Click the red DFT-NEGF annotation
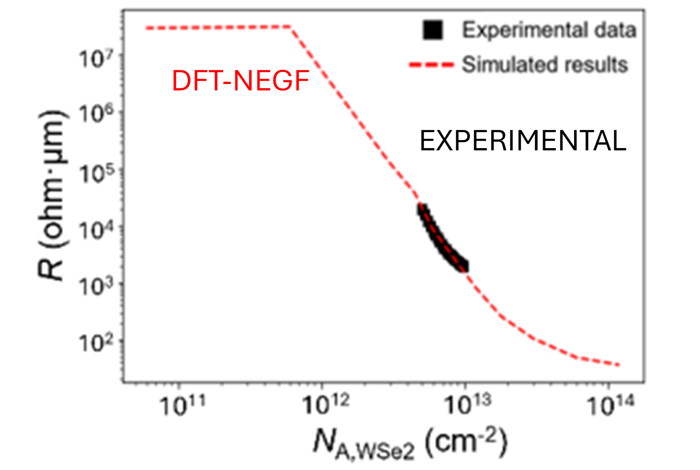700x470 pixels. click(240, 81)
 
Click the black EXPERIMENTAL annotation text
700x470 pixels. click(522, 141)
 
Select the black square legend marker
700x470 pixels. click(433, 30)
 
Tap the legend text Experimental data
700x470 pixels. click(549, 30)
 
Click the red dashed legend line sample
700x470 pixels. click(431, 65)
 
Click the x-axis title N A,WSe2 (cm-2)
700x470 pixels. click(410, 444)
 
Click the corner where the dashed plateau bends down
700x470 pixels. click(290, 27)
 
